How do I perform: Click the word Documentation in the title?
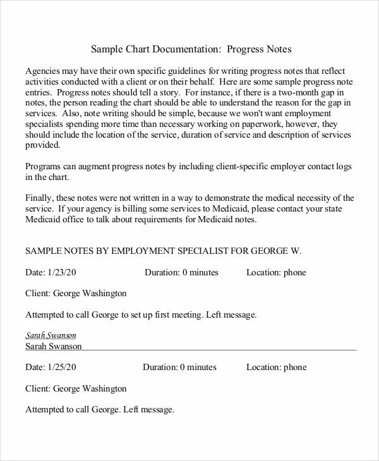tap(189, 49)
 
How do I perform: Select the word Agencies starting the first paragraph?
tap(44, 70)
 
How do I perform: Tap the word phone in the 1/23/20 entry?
tap(294, 272)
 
